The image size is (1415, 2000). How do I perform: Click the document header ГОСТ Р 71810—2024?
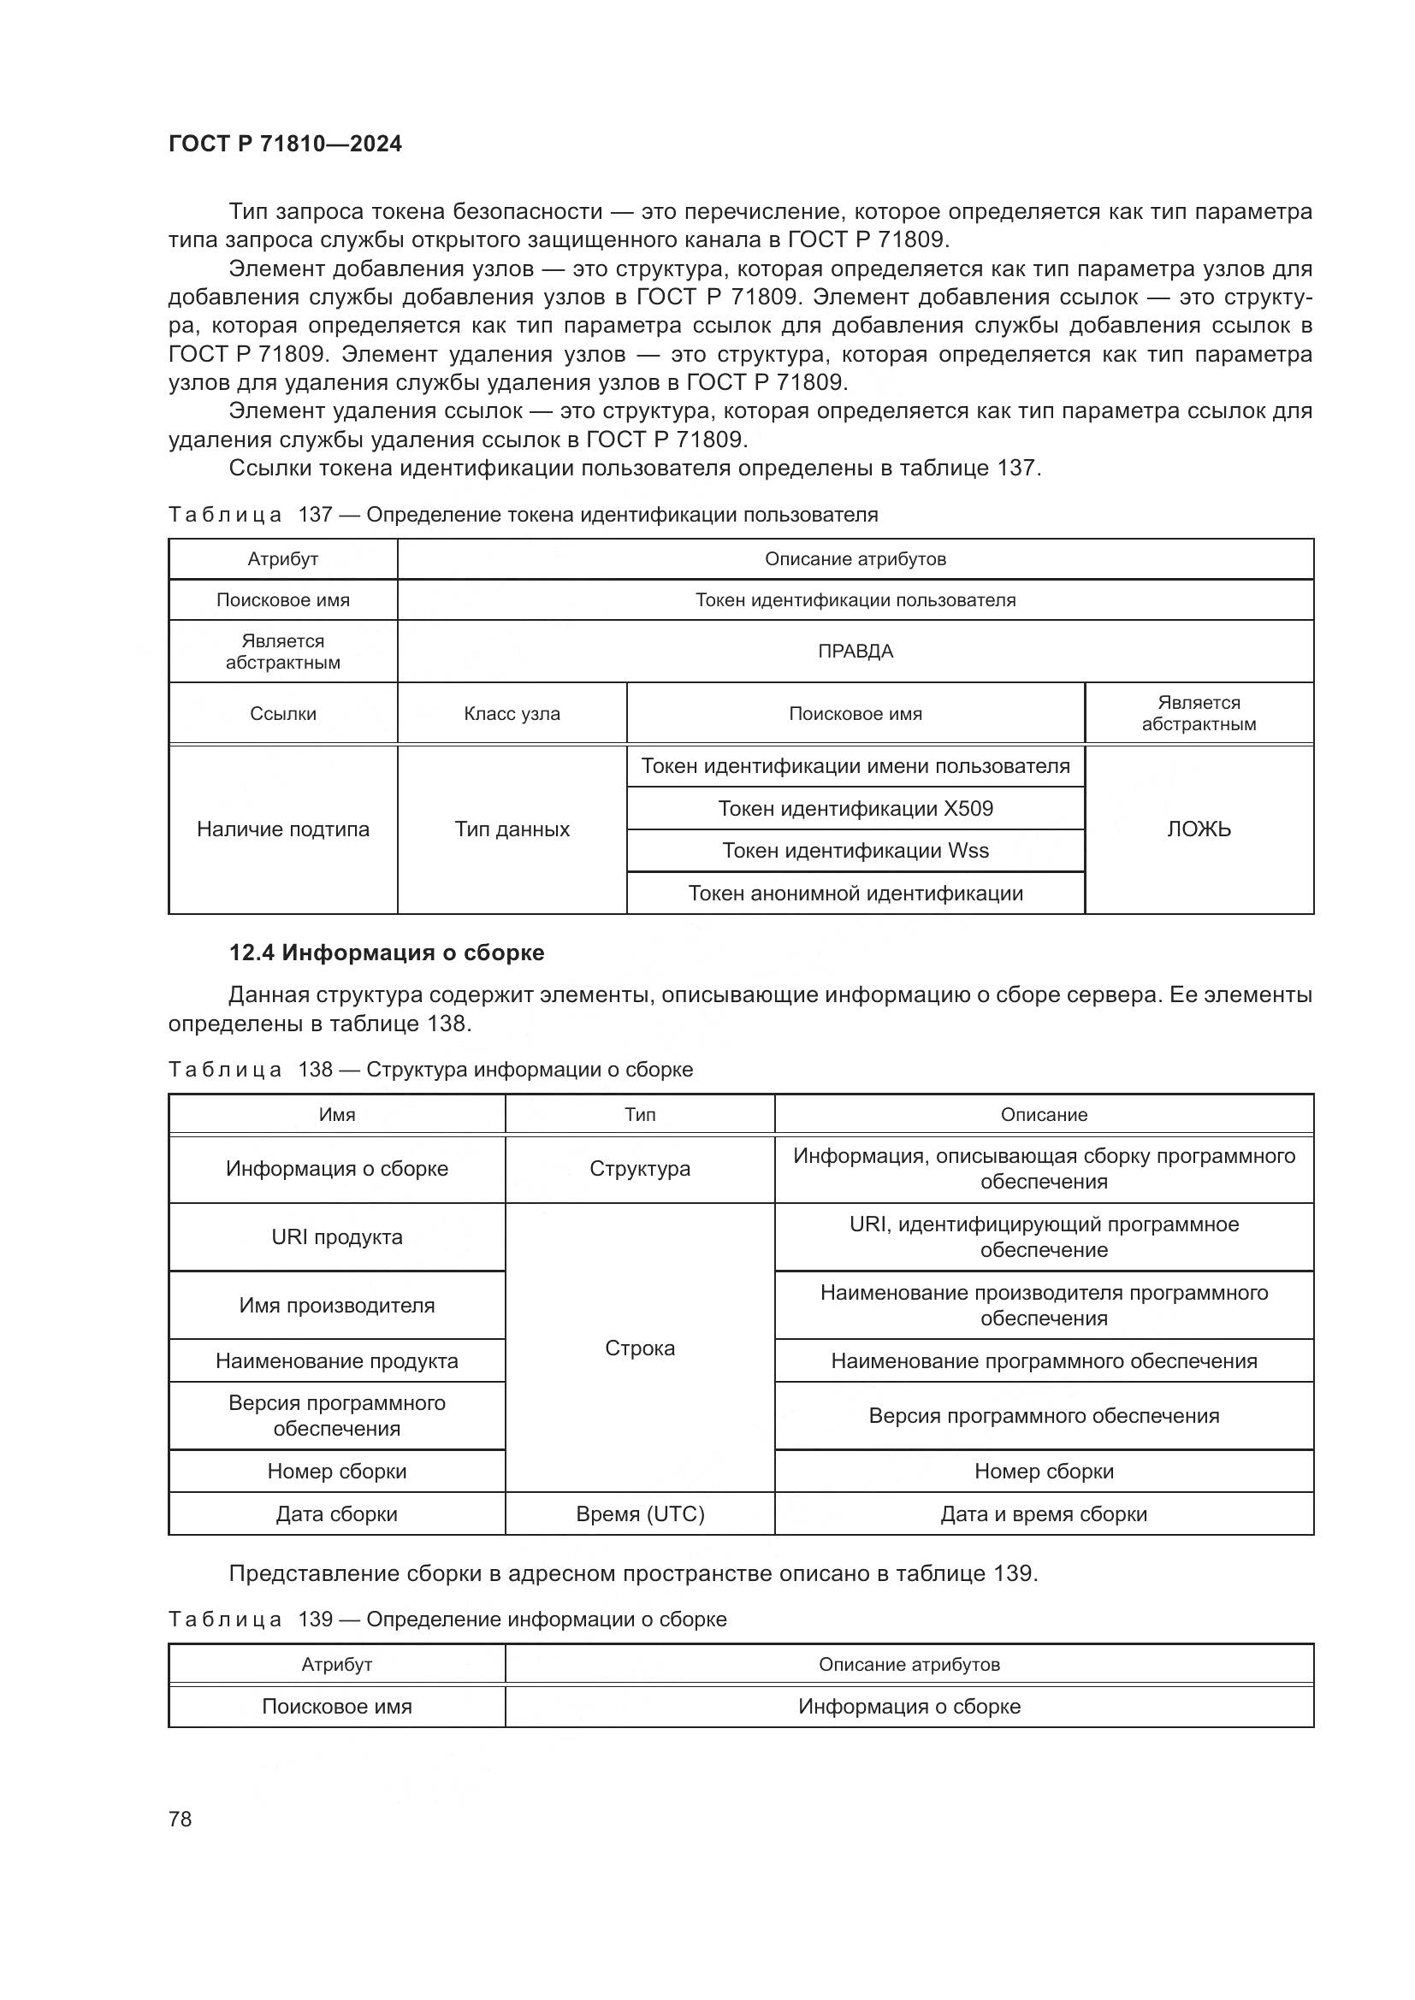(285, 144)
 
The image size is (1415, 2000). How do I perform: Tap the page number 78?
(181, 1819)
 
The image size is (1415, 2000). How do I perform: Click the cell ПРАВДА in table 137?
(855, 651)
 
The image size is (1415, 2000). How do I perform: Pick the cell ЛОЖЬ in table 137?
(1198, 829)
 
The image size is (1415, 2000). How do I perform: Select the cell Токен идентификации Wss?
(855, 850)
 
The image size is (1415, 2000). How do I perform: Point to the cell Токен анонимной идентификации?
(855, 893)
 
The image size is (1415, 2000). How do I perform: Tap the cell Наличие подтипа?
(282, 829)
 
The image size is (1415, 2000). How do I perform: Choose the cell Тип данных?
(512, 829)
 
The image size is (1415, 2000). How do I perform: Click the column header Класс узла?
(512, 713)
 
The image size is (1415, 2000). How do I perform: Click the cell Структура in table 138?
(640, 1168)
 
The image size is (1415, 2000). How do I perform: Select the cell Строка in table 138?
(640, 1348)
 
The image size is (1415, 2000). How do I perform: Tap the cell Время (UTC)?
(640, 1513)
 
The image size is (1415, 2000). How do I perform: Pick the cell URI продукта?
(336, 1237)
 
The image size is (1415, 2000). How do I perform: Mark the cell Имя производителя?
(336, 1305)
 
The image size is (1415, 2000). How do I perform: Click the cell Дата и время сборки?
(1043, 1513)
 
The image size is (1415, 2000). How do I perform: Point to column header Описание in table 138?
(1043, 1114)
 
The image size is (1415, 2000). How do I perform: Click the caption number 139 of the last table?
(316, 1619)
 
